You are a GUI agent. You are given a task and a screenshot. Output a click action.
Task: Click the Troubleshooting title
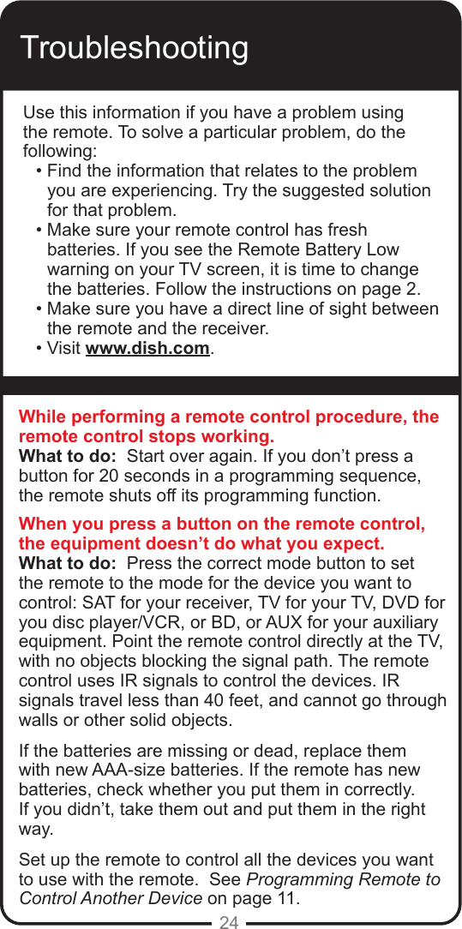[134, 48]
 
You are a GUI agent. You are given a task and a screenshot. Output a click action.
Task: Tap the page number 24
[229, 921]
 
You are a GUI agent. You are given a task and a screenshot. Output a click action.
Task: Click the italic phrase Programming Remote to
[343, 880]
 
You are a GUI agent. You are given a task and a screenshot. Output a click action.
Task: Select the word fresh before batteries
[344, 230]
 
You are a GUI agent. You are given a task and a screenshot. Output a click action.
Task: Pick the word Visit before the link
[64, 349]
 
